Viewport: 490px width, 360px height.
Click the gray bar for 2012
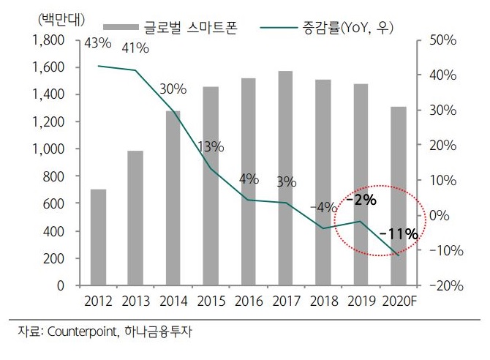98,237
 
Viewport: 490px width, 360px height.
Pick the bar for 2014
173,198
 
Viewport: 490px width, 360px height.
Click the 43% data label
98,43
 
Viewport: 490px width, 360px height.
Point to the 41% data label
135,49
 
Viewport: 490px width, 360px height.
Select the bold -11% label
399,234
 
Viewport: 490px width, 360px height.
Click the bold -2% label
361,199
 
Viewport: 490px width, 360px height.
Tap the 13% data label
211,146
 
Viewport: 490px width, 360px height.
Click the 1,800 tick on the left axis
49,40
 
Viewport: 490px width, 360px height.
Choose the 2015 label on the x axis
211,301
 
